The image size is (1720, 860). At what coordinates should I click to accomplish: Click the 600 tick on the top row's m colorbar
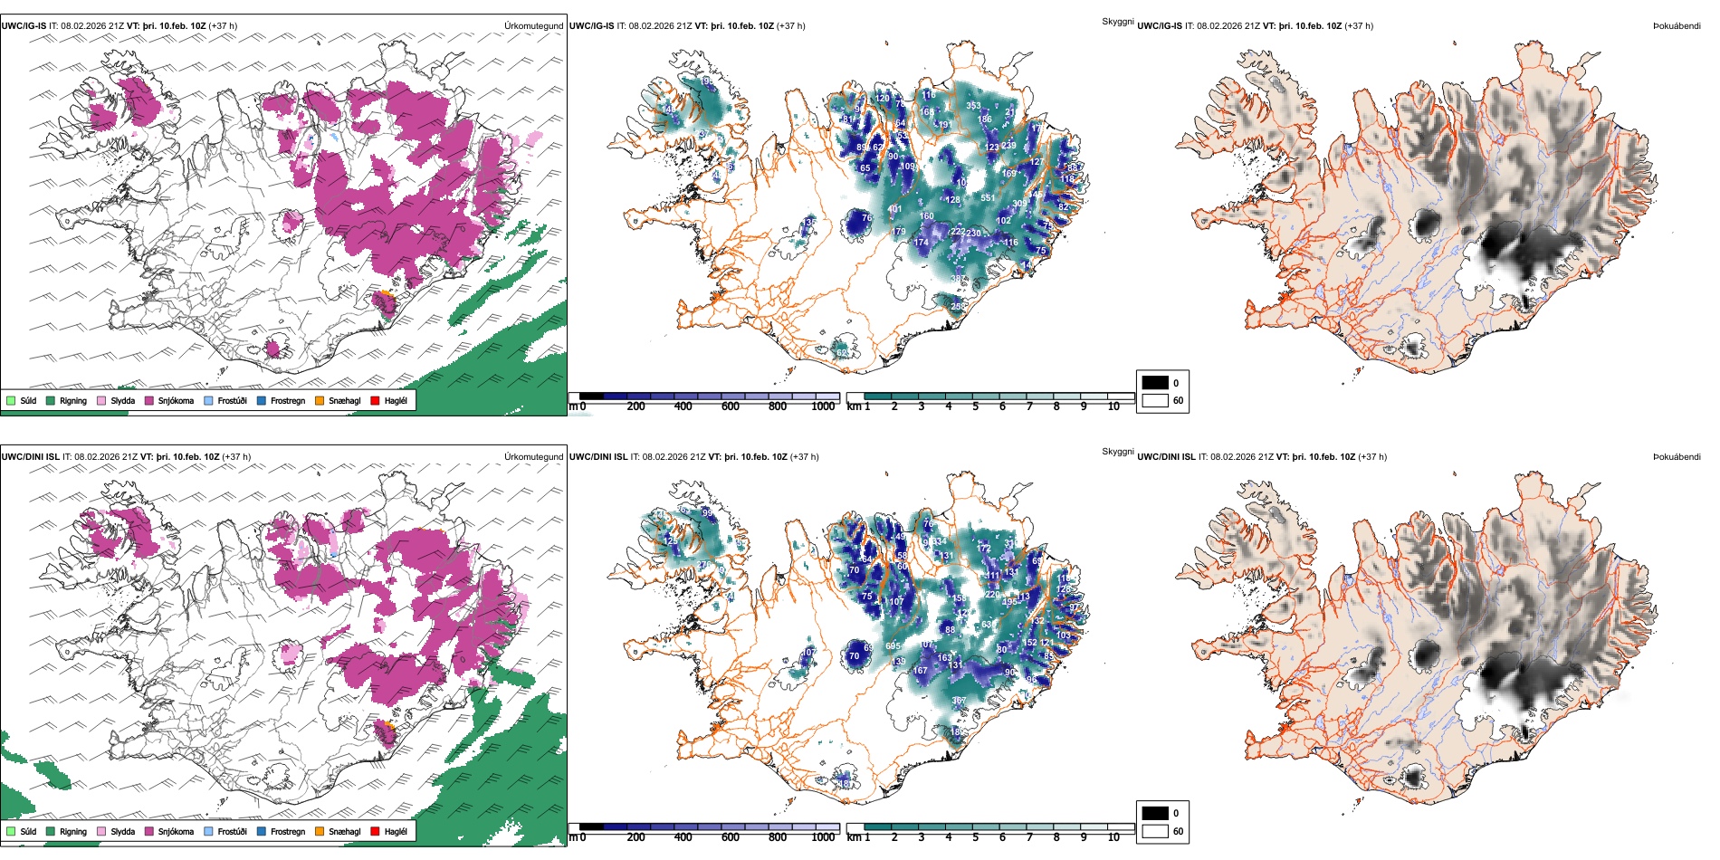pyautogui.click(x=731, y=406)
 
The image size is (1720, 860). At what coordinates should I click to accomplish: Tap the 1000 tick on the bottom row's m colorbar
pyautogui.click(x=823, y=837)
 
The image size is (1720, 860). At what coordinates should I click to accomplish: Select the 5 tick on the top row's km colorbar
pyautogui.click(x=976, y=406)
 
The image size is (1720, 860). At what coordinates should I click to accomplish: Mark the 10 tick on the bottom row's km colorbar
pyautogui.click(x=1113, y=837)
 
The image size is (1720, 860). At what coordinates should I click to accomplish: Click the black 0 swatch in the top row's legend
pyautogui.click(x=1155, y=383)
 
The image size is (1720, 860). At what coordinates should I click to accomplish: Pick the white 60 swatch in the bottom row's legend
pyautogui.click(x=1155, y=831)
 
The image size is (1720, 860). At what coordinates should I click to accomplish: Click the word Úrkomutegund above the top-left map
pyautogui.click(x=533, y=26)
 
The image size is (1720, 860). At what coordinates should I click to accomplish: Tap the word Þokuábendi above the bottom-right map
pyautogui.click(x=1677, y=457)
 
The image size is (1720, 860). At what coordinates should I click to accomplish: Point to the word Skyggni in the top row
pyautogui.click(x=1117, y=22)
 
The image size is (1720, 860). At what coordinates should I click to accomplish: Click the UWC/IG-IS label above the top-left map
pyautogui.click(x=24, y=26)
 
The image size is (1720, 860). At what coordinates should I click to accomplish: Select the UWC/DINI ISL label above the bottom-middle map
pyautogui.click(x=598, y=457)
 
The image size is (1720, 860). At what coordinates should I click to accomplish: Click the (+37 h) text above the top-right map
pyautogui.click(x=1359, y=26)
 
